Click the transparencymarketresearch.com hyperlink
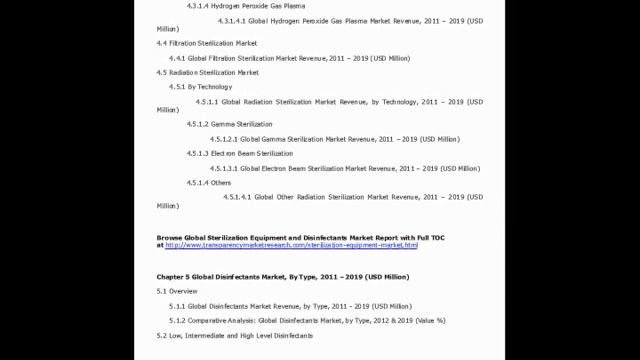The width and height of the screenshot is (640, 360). (290, 245)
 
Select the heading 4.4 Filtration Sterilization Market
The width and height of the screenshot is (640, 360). (207, 44)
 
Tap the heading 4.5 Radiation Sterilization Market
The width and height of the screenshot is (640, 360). (208, 73)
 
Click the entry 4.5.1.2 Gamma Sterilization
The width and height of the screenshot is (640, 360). (229, 124)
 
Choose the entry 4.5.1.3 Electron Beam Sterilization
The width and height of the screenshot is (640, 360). (240, 154)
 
